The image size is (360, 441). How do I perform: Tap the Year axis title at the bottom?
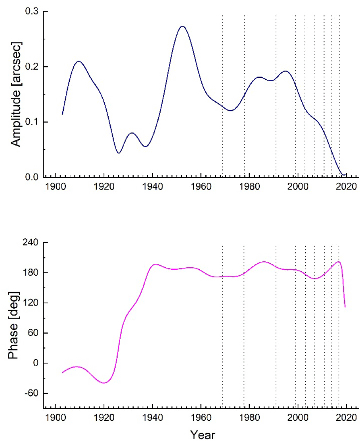(x=202, y=434)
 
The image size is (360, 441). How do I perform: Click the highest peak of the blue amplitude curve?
(x=182, y=26)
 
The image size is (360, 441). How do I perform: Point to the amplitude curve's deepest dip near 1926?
(x=119, y=153)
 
